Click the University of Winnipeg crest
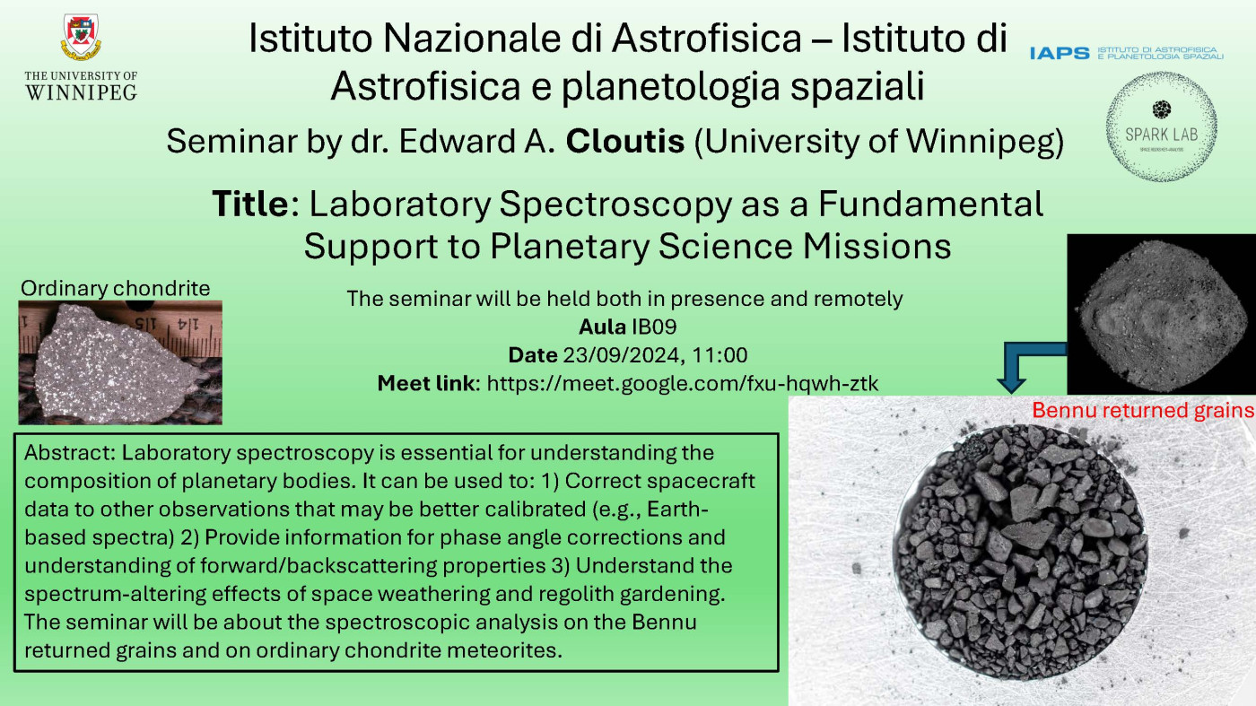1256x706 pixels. coord(82,37)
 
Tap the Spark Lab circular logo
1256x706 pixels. coord(1161,126)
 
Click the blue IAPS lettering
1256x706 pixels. coord(1060,53)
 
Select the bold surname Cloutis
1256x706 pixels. coord(625,141)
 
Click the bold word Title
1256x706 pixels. coord(250,204)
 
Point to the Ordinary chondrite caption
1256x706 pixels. coord(116,288)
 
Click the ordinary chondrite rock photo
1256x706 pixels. coord(120,362)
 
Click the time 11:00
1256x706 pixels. coord(720,355)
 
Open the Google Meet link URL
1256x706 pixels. coord(683,384)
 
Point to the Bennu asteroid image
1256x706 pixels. coord(1161,314)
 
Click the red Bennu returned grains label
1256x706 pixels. coord(1143,410)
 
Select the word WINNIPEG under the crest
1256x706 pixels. coord(82,92)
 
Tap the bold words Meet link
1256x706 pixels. coord(426,384)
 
